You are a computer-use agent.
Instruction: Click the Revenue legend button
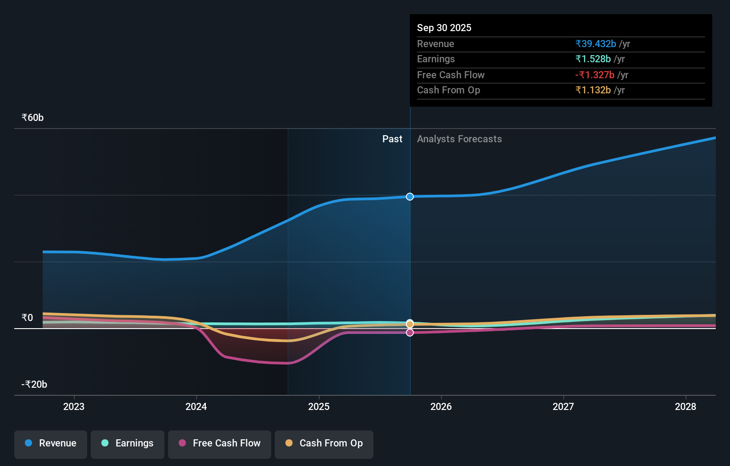(51, 443)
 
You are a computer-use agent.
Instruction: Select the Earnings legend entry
(128, 443)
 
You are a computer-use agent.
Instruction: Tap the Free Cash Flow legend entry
(220, 443)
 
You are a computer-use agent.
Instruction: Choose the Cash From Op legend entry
(324, 443)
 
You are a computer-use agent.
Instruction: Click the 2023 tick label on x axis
(74, 406)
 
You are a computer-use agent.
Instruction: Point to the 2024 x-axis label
(196, 406)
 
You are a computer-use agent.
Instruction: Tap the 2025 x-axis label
(319, 406)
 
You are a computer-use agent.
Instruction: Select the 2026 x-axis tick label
(441, 406)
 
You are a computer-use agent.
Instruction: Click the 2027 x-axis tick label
(563, 406)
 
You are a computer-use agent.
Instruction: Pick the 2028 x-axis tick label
(686, 406)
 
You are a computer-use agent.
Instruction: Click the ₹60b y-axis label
(32, 118)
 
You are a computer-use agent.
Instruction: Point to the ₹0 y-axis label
(27, 317)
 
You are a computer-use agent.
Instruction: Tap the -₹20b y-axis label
(34, 384)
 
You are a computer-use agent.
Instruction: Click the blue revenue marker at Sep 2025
(410, 197)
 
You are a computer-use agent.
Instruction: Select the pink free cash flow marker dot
(410, 333)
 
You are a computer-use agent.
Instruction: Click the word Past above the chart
(392, 139)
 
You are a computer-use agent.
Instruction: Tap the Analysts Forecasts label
(459, 139)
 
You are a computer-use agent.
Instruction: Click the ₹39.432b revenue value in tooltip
(596, 44)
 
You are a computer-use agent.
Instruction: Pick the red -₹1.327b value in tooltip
(595, 75)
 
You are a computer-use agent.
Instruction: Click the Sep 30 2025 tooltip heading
(444, 28)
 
